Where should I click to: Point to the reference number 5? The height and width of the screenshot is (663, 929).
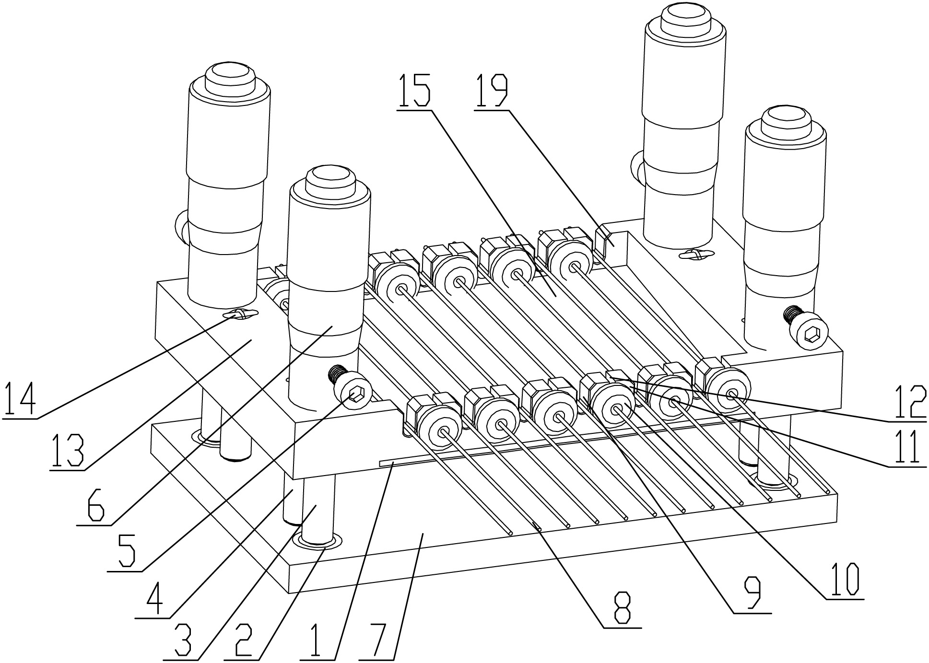coord(125,551)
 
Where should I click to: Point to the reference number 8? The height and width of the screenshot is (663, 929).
coord(622,609)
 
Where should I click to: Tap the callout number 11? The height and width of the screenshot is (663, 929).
coord(904,447)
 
